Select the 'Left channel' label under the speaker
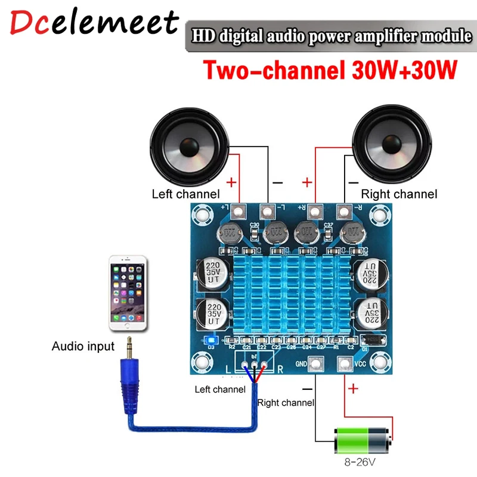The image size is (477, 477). point(185,194)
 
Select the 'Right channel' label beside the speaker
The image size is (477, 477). point(399,194)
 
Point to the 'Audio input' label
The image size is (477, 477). point(83,346)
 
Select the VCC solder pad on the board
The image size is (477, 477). point(344,364)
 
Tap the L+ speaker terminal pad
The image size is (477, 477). point(239,210)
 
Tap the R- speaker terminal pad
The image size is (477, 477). point(343,210)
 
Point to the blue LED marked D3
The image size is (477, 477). point(210,340)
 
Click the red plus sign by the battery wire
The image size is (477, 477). point(353,389)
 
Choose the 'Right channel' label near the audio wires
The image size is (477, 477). point(286,403)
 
